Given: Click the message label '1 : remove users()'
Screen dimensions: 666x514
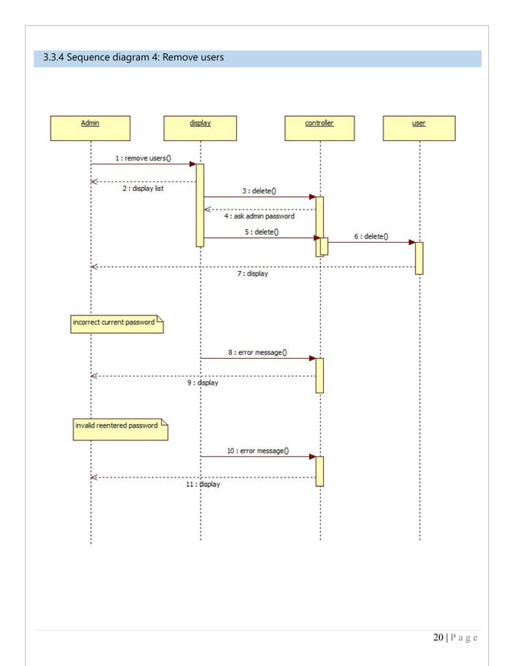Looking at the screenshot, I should [x=143, y=158].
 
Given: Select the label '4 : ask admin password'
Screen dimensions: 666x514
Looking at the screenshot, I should [x=259, y=216].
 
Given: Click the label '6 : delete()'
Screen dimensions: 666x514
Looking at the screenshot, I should [x=371, y=236].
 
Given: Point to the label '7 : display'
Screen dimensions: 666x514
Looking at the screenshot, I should [x=252, y=273].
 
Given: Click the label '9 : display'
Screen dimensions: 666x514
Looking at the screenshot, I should [x=202, y=383].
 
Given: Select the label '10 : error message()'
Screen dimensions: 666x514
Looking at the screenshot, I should [x=259, y=451].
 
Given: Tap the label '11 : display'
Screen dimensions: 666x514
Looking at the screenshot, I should [x=201, y=485].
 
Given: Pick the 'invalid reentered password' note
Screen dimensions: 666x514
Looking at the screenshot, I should [x=120, y=427].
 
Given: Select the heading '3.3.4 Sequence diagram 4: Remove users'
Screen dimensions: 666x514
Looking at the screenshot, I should [x=133, y=58].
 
